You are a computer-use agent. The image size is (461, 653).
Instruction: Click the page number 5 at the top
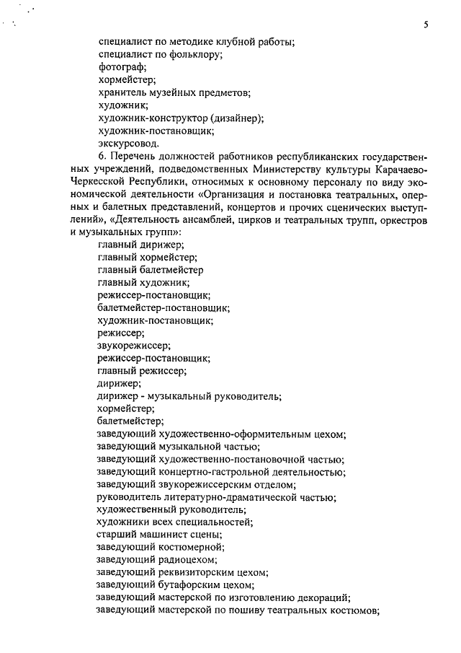click(x=426, y=25)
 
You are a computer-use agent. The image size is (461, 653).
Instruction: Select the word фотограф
click(x=120, y=67)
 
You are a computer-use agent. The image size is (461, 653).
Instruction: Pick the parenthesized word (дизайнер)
click(x=237, y=119)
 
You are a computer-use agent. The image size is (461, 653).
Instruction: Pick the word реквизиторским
click(x=193, y=573)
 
